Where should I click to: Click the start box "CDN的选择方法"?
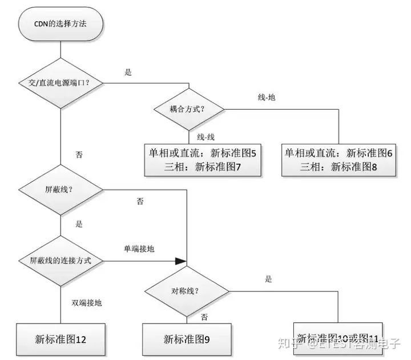pyautogui.click(x=61, y=26)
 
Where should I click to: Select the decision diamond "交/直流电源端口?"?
pyautogui.click(x=61, y=82)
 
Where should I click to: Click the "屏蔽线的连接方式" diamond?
pyautogui.click(x=61, y=261)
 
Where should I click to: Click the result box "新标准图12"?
pyautogui.click(x=61, y=339)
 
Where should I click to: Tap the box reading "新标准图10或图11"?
pyautogui.click(x=337, y=338)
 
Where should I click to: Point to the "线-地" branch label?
pyautogui.click(x=267, y=97)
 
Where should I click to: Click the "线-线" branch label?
pyautogui.click(x=206, y=137)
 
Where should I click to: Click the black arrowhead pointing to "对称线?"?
pyautogui.click(x=180, y=261)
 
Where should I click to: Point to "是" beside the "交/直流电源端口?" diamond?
pyautogui.click(x=128, y=72)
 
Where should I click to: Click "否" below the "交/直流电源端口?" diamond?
pyautogui.click(x=79, y=154)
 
